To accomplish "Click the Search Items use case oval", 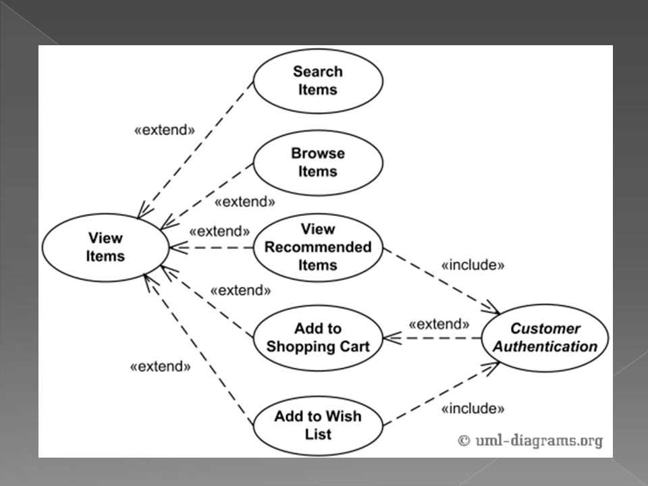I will pos(317,80).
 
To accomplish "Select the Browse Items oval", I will pos(317,162).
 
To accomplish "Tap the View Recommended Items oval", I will pos(317,247).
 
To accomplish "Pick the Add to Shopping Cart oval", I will pos(317,337).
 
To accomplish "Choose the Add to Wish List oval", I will pos(317,425).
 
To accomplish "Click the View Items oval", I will pos(105,247).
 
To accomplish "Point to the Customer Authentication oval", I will pos(544,337).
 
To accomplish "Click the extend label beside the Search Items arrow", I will pos(164,130).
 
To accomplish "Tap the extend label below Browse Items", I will pos(244,202).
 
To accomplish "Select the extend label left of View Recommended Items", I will pos(219,231).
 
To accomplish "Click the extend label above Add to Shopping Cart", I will pos(240,290).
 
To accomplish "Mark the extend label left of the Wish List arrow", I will pos(160,367).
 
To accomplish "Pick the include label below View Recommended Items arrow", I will pos(473,265).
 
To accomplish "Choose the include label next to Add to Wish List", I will pos(473,408).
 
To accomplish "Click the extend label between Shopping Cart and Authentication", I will pos(439,324).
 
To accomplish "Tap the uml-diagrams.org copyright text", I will pos(531,440).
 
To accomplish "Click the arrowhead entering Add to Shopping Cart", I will pos(387,337).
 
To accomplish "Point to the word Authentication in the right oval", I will pos(544,347).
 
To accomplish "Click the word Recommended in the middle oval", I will pos(317,247).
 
